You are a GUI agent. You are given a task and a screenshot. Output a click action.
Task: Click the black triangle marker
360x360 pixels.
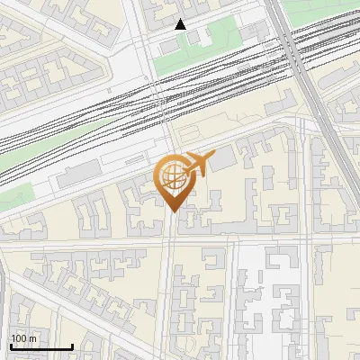pyautogui.click(x=181, y=24)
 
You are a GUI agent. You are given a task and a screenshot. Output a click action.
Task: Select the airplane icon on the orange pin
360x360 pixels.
pyautogui.click(x=198, y=164)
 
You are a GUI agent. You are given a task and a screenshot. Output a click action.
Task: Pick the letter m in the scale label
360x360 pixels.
pyautogui.click(x=33, y=338)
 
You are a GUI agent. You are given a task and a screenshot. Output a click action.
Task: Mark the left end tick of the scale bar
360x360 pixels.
pyautogui.click(x=10, y=346)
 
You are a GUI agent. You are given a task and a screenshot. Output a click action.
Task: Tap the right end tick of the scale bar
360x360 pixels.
pyautogui.click(x=72, y=346)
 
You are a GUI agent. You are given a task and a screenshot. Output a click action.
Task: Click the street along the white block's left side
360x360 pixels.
pyautogui.click(x=236, y=297)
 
